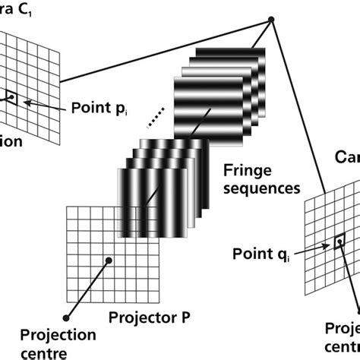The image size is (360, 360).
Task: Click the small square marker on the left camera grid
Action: pos(10,96)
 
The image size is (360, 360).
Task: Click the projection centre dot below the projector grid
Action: pos(66,317)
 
